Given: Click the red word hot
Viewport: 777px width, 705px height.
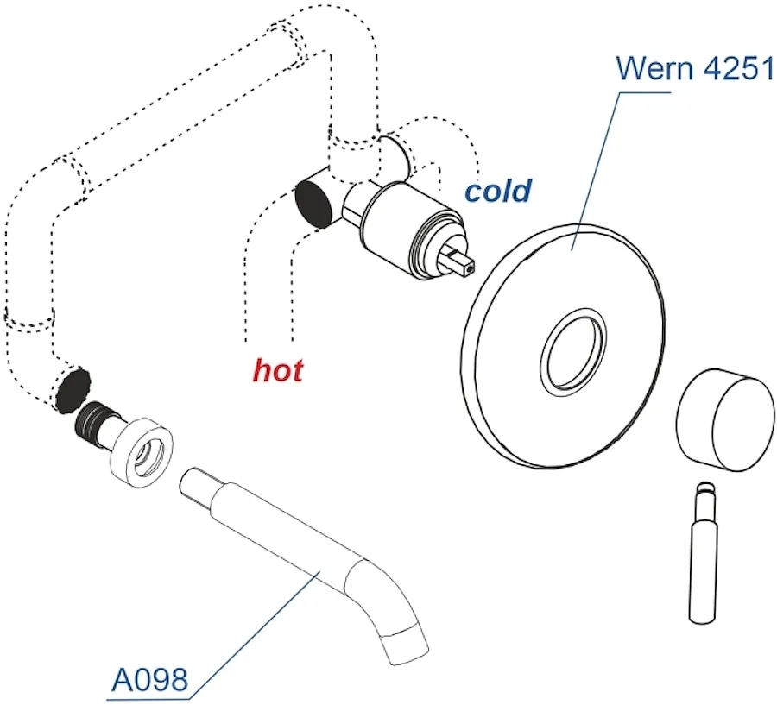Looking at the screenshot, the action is click(x=278, y=370).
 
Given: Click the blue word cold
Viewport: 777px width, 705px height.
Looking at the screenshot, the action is click(x=498, y=191).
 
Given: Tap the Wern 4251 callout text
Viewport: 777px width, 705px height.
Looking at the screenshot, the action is click(x=695, y=68).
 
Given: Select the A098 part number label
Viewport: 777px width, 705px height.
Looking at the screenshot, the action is click(x=150, y=679).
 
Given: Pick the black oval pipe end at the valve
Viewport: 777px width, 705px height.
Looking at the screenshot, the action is click(x=313, y=203).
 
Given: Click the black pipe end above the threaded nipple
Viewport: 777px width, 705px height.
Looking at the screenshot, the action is click(x=73, y=390).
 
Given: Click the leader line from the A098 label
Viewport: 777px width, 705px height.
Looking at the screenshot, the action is click(x=256, y=636).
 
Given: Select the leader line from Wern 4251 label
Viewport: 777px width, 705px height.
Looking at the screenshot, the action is click(x=596, y=171).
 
